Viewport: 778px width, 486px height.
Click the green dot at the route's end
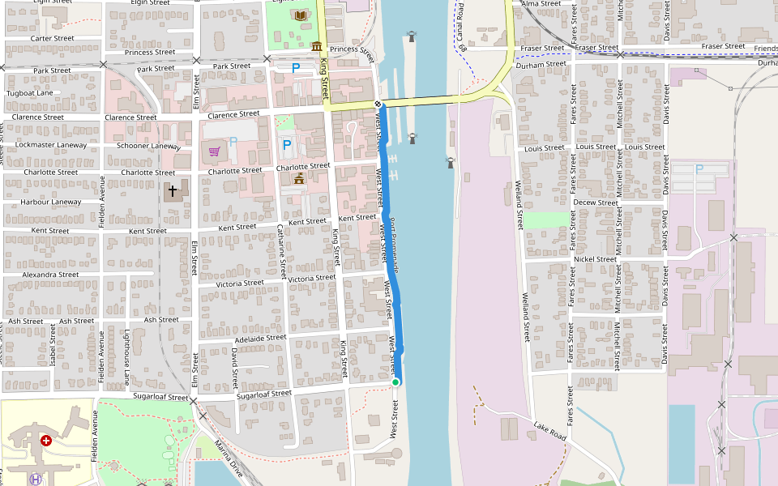[395, 382]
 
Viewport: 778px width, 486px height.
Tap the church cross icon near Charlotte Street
[173, 192]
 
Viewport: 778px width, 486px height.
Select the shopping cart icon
[214, 150]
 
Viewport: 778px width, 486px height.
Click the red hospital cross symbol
[46, 441]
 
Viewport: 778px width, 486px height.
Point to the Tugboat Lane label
[29, 93]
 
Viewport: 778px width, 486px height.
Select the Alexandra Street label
[50, 275]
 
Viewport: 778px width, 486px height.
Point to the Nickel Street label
[595, 259]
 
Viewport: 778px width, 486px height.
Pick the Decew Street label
[595, 202]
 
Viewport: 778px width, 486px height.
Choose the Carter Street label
[52, 38]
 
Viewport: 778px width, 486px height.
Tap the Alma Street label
[541, 4]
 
